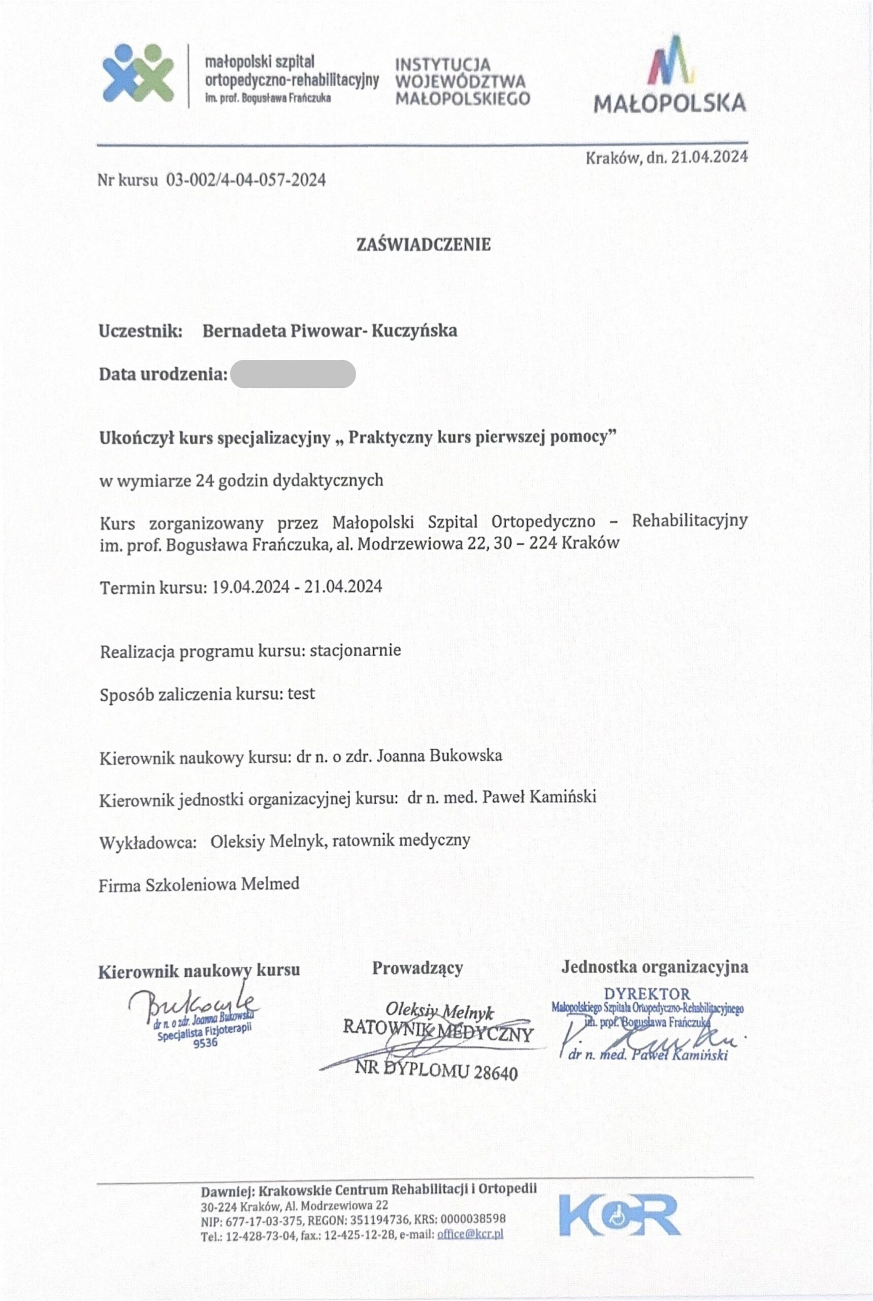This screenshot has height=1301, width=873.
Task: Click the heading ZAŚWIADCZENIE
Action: click(423, 244)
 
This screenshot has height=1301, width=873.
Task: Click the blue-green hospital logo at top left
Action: click(138, 73)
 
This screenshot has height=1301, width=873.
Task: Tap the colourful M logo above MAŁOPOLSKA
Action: click(672, 60)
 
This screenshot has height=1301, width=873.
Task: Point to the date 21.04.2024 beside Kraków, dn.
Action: click(709, 158)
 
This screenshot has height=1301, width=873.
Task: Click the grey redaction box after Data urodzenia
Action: click(293, 374)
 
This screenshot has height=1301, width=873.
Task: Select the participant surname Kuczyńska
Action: click(414, 330)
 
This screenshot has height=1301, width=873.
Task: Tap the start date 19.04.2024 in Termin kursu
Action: click(250, 586)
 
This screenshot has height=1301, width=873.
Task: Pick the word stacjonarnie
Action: click(355, 650)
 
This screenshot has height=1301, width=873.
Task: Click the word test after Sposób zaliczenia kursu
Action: click(301, 694)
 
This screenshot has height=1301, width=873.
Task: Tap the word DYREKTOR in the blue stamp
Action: click(647, 994)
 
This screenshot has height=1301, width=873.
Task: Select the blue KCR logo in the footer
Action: click(619, 1215)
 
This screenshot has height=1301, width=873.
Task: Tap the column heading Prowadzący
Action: click(417, 968)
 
